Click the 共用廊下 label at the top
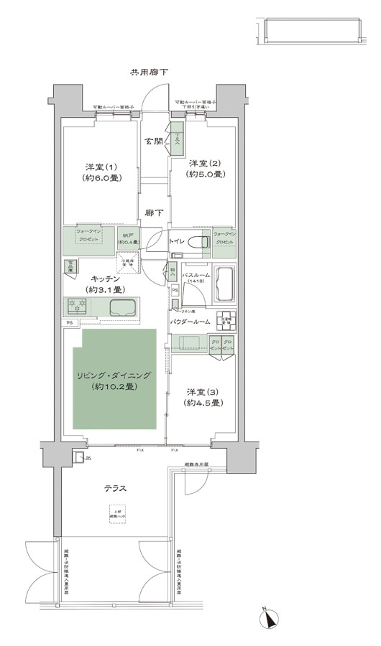(x=150, y=72)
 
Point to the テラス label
(x=115, y=488)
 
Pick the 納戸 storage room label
(x=129, y=238)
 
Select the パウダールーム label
(x=192, y=322)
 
